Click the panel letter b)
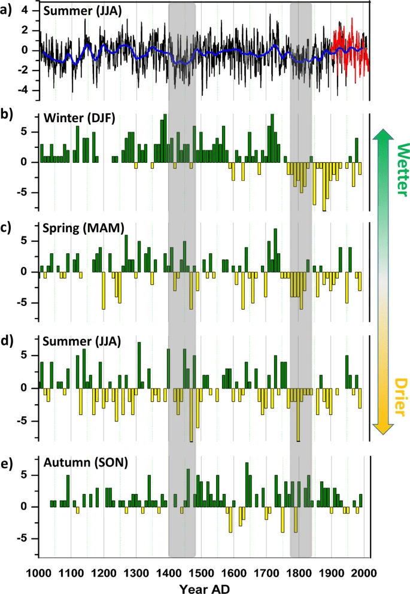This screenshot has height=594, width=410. tap(7, 117)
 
